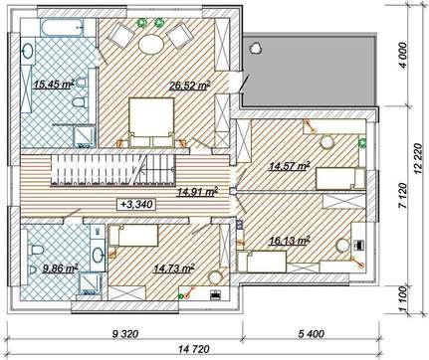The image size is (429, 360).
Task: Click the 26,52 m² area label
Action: click(x=189, y=86)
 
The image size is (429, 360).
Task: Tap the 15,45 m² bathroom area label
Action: click(x=54, y=85)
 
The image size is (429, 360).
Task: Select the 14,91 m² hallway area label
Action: click(x=197, y=192)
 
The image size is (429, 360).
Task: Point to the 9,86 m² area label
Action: click(x=60, y=268)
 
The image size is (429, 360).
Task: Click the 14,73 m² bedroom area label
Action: click(x=173, y=269)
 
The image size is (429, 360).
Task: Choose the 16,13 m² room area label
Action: click(x=290, y=241)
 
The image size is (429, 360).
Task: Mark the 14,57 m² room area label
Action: click(x=290, y=165)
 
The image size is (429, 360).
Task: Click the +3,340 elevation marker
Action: click(x=136, y=205)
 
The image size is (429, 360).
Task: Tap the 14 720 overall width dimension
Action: click(x=194, y=349)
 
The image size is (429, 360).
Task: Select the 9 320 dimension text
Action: click(x=124, y=334)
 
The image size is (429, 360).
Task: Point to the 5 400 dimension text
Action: click(x=312, y=334)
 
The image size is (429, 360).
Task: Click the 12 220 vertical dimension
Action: click(x=418, y=158)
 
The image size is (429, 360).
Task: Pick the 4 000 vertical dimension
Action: click(x=402, y=55)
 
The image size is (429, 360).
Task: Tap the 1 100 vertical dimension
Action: click(x=402, y=299)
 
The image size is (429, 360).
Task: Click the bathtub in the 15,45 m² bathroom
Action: click(x=62, y=28)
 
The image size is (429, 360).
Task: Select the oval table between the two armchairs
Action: click(x=151, y=44)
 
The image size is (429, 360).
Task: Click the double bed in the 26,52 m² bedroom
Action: click(x=151, y=121)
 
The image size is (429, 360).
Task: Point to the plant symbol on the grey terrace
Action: click(x=256, y=48)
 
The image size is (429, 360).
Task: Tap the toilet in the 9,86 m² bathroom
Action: click(x=36, y=250)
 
